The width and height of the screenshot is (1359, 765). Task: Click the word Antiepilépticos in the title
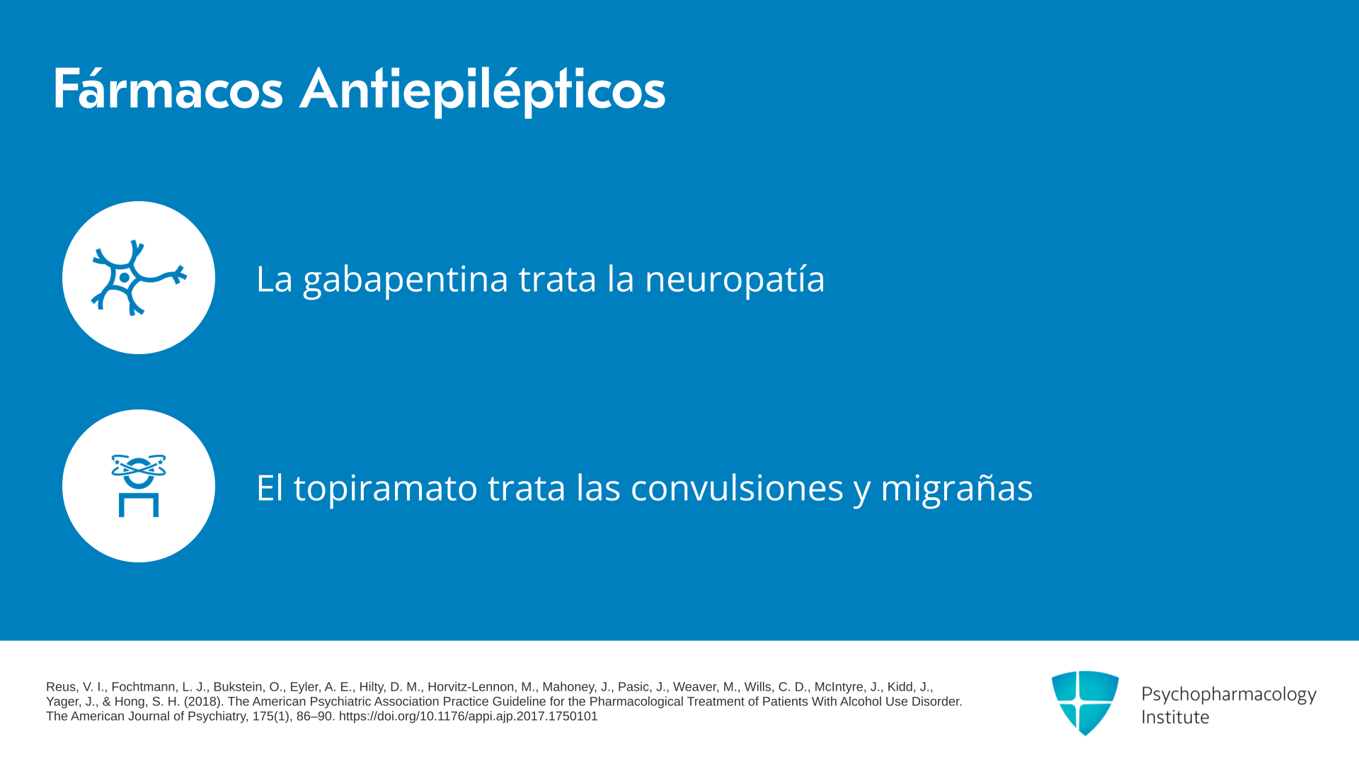(482, 91)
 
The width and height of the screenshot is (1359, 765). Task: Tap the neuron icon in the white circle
(139, 278)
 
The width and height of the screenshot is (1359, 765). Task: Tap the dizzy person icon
(139, 486)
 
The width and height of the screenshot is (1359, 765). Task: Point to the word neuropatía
(735, 278)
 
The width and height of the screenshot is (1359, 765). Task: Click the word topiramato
(386, 488)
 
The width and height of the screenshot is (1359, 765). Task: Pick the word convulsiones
(737, 487)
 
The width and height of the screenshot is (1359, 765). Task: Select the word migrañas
(957, 488)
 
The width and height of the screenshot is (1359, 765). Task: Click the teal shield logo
(1085, 703)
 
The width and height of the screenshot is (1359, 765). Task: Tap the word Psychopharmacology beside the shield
(1229, 695)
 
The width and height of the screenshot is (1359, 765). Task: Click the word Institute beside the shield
(1175, 717)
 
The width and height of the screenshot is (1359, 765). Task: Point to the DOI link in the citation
(468, 717)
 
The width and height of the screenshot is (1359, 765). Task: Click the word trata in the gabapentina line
(558, 279)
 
